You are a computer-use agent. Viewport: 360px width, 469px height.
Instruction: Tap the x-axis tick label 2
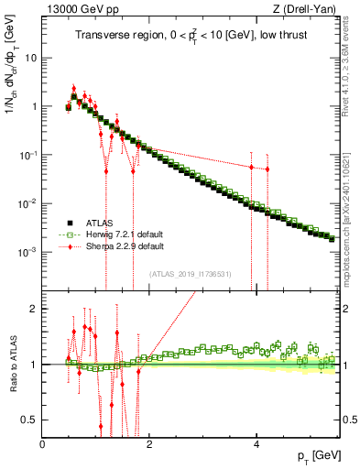tap(150, 444)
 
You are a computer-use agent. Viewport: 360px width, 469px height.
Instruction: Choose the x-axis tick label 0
tap(43, 444)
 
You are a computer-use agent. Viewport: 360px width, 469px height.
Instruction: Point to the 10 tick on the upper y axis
tap(30, 57)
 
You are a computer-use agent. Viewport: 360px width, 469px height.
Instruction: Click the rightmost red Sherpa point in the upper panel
tap(267, 169)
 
